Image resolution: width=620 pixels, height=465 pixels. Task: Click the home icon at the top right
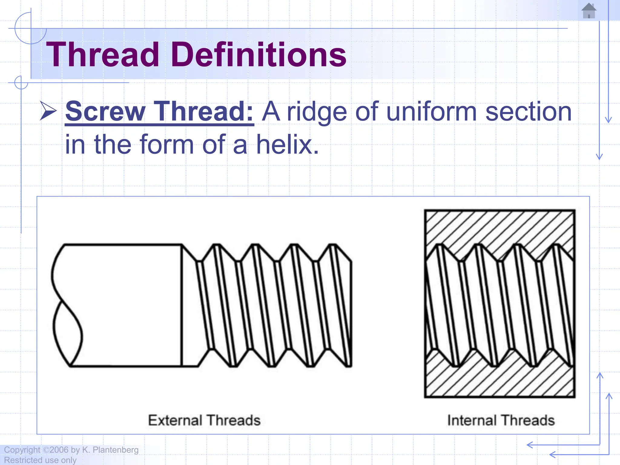click(x=589, y=11)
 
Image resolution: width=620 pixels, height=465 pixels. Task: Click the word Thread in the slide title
click(x=103, y=55)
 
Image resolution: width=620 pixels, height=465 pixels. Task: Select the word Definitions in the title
click(x=259, y=55)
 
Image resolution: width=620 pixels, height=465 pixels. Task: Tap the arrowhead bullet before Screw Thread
click(x=48, y=111)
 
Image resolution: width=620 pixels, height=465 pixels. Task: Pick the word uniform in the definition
click(x=432, y=112)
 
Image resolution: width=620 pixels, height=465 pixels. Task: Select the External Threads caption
click(x=204, y=420)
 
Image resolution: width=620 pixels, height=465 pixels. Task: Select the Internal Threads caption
click(x=501, y=420)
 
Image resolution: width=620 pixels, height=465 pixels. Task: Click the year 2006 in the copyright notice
click(x=59, y=450)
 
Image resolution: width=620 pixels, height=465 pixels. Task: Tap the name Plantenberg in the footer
click(x=116, y=450)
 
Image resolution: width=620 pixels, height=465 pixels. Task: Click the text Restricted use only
click(x=40, y=460)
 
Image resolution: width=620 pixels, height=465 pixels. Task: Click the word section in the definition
click(x=528, y=112)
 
